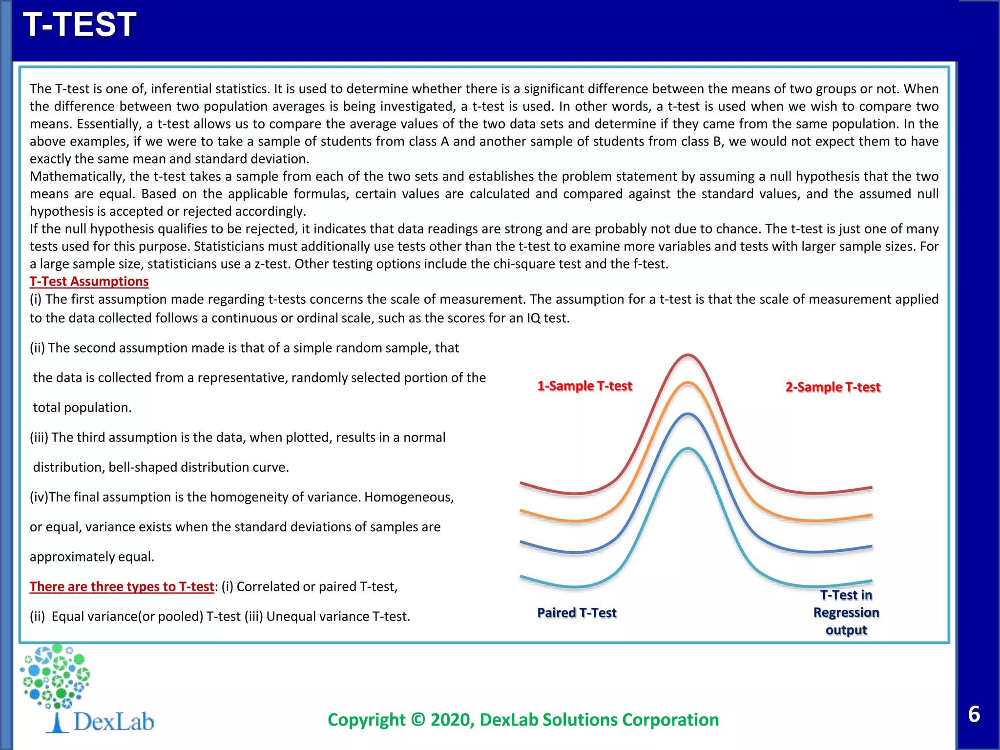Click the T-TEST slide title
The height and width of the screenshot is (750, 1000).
pos(80,24)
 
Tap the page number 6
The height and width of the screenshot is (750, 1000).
pos(974,714)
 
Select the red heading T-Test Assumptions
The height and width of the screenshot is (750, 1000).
pos(89,281)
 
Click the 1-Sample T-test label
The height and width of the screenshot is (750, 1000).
pos(584,386)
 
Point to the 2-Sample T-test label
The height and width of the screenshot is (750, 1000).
pos(833,387)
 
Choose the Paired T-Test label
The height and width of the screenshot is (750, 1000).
pos(577,613)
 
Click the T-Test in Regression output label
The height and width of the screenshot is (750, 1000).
pos(846,612)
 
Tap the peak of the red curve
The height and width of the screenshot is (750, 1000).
pos(687,355)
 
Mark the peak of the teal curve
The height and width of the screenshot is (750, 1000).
pos(687,449)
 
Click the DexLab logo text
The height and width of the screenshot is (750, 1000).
pos(113,722)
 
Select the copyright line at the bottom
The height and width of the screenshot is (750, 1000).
pos(523,720)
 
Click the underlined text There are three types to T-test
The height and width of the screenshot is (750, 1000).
pos(122,586)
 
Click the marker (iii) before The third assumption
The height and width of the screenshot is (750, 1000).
pos(39,437)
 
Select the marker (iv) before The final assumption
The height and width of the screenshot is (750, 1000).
pos(39,497)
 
